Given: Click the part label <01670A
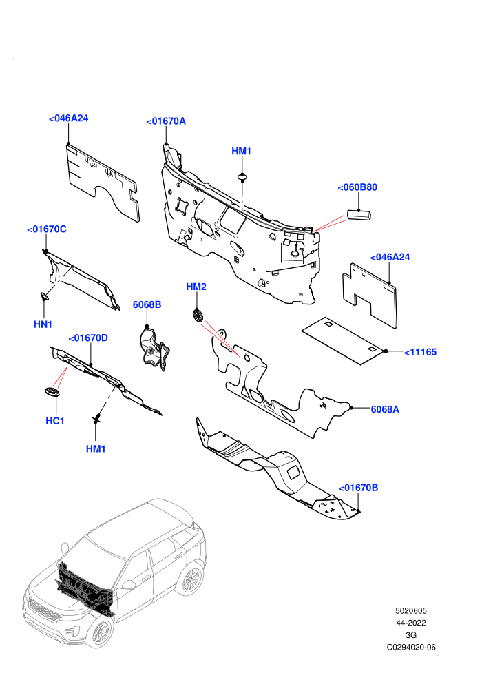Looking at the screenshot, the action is [166, 121].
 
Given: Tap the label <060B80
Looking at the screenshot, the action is [357, 187].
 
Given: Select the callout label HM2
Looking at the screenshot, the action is [196, 287].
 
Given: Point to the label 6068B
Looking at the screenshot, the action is [147, 305].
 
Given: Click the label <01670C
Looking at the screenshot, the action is [47, 229].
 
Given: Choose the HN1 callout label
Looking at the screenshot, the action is [43, 324].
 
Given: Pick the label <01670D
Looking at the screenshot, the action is [88, 338].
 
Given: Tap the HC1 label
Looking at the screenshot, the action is [55, 421].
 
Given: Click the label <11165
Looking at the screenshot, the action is [420, 352].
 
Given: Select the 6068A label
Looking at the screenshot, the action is [385, 409].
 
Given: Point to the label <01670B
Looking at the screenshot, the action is [358, 488].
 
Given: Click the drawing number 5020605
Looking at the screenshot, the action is [410, 610].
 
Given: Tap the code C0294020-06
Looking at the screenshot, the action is [411, 647].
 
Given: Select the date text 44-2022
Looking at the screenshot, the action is [410, 623].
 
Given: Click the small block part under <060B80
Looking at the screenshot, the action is [359, 216].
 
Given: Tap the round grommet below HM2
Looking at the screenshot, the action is [198, 315].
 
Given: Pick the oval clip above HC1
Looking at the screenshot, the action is [52, 392].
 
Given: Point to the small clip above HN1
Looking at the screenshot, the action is [44, 297].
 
